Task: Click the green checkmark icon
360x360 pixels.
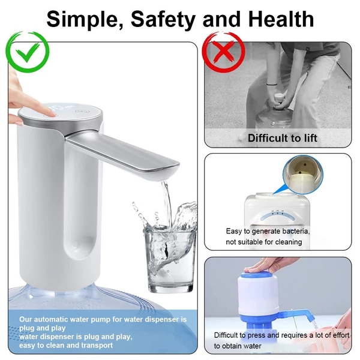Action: (28, 52)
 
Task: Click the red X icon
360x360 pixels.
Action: (224, 52)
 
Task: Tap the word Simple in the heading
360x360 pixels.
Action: (86, 20)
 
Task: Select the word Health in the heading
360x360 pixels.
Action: (281, 19)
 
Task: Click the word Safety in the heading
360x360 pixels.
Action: (163, 20)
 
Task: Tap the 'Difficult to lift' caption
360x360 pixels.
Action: (283, 138)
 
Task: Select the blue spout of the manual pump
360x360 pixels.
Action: (296, 314)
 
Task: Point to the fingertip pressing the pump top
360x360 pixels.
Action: (51, 113)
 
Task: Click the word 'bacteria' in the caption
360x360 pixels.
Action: (296, 231)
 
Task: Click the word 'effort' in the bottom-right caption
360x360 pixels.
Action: (341, 335)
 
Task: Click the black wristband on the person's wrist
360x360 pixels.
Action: (272, 85)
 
